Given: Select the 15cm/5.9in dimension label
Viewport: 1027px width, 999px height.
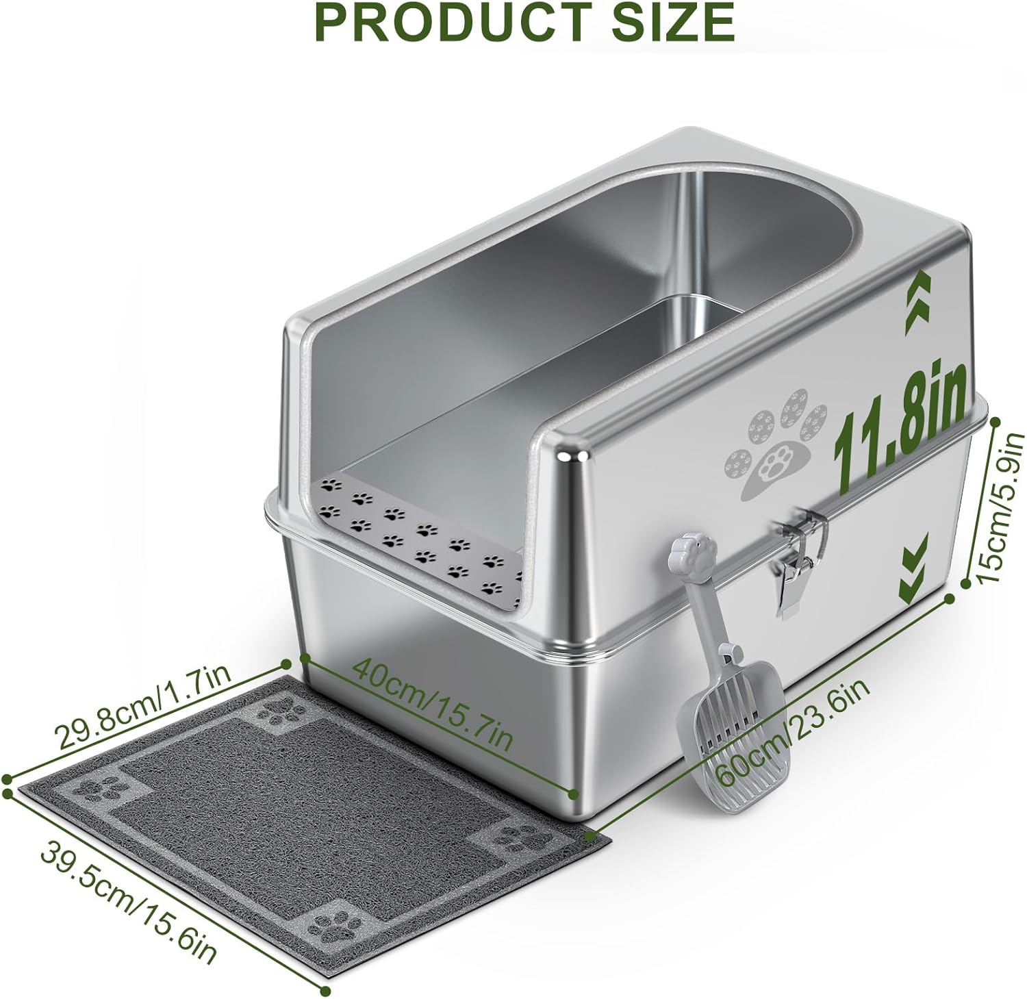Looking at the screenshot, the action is (1000, 509).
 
